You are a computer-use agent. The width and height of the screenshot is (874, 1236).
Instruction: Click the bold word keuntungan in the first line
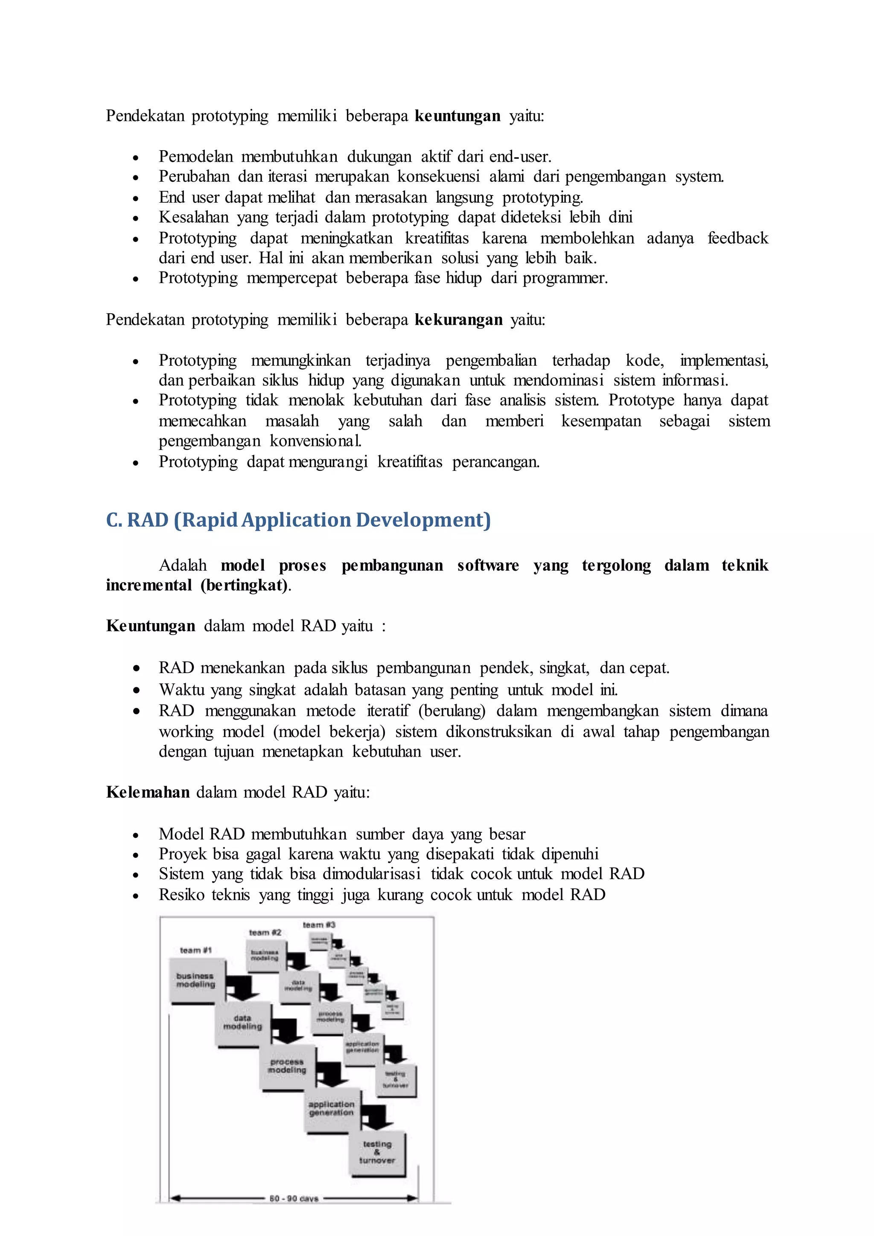click(457, 116)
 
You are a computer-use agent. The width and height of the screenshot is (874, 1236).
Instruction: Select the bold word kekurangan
click(458, 320)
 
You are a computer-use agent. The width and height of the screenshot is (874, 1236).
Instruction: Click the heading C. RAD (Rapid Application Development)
click(298, 520)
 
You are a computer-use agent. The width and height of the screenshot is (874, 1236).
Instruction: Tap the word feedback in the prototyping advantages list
click(737, 238)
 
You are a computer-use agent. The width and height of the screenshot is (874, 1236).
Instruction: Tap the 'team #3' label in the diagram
click(319, 924)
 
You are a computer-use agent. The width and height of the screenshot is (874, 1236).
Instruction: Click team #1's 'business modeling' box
click(195, 980)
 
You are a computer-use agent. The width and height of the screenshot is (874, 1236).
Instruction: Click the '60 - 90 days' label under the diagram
click(294, 1198)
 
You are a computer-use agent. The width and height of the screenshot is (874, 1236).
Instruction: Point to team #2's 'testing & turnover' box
click(396, 1079)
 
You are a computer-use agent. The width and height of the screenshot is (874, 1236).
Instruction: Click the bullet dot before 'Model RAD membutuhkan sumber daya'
click(136, 835)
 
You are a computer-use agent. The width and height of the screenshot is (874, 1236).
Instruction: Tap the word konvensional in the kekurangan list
click(315, 441)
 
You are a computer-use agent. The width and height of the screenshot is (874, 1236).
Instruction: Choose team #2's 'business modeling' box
click(265, 956)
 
